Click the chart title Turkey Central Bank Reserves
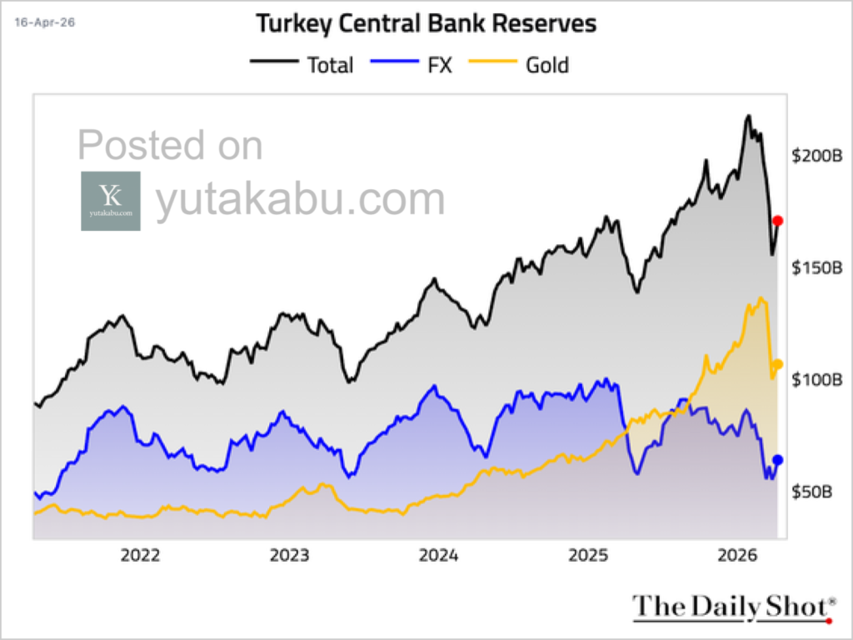tap(426, 23)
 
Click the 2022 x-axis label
tap(142, 556)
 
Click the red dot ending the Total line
tap(777, 221)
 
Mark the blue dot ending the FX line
tap(777, 459)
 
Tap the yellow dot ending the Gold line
tap(778, 363)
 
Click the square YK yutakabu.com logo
tap(111, 201)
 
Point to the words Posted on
tap(170, 146)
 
